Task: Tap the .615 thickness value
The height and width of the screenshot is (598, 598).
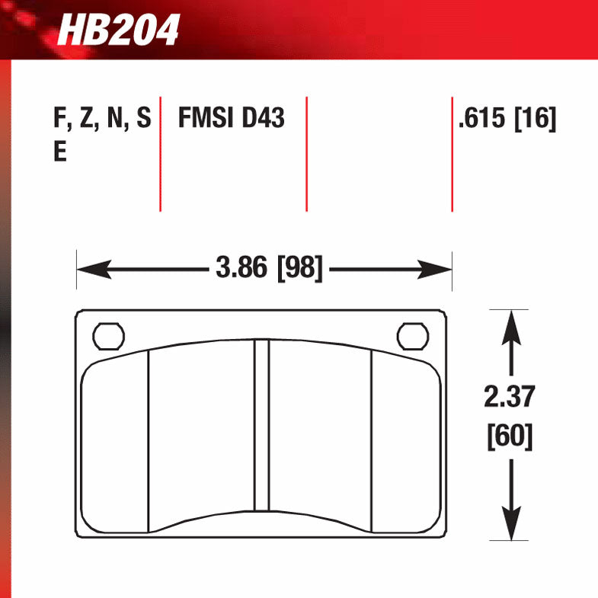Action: click(x=483, y=120)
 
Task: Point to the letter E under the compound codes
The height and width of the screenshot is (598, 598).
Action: click(x=59, y=152)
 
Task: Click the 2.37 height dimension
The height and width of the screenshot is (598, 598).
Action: click(x=510, y=397)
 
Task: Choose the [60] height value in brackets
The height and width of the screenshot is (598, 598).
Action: click(x=510, y=437)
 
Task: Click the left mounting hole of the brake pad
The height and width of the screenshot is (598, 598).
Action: click(x=107, y=335)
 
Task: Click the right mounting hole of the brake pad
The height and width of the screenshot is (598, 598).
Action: click(x=412, y=335)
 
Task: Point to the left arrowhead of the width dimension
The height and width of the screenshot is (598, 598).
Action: click(x=88, y=268)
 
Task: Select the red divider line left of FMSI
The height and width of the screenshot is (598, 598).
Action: click(x=160, y=153)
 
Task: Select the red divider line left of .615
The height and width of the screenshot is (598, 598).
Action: click(x=452, y=153)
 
